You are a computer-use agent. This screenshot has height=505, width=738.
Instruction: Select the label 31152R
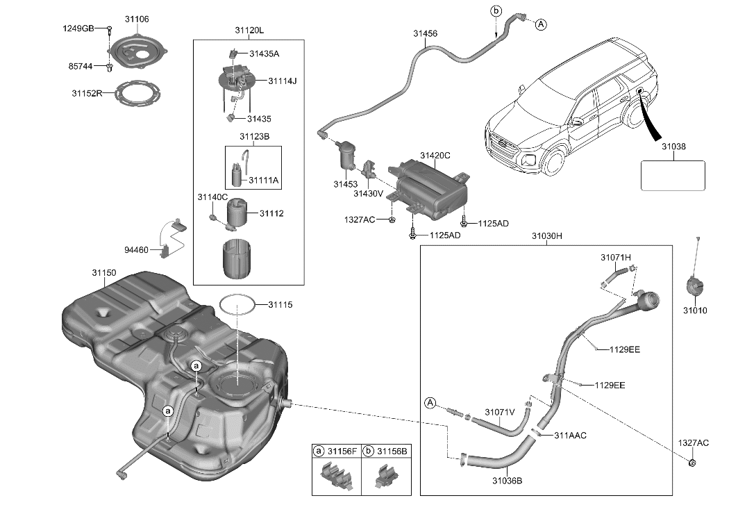point(87,92)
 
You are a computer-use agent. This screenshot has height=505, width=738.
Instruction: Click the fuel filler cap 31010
point(694,286)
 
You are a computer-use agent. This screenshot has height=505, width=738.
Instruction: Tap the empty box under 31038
point(672,175)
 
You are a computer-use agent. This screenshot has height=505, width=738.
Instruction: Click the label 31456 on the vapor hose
point(426,33)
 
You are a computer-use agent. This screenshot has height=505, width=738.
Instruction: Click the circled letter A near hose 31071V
point(430,403)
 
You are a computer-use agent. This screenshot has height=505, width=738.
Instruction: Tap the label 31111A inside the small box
point(264,180)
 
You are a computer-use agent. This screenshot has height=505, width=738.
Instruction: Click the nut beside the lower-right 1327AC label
point(692,463)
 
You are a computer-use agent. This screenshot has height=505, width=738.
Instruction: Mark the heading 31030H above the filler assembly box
point(546,236)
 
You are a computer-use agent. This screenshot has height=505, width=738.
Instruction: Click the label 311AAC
point(570,436)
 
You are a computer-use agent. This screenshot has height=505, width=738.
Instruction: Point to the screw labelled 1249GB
point(110,28)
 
